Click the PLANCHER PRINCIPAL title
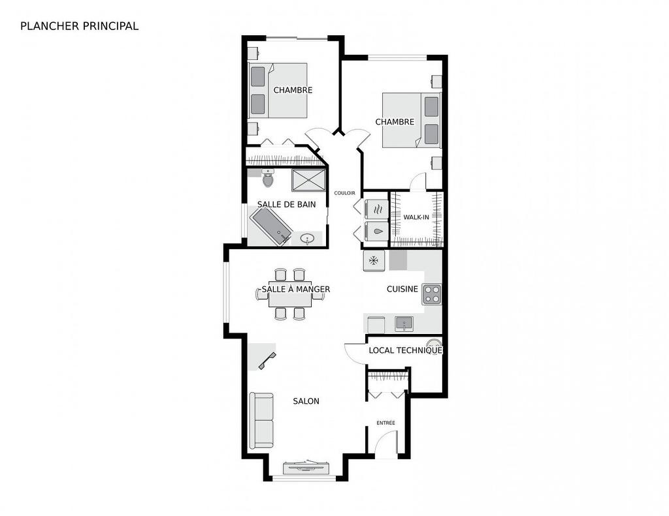tap(79, 26)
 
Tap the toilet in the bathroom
tap(267, 178)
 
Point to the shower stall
tap(308, 180)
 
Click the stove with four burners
tap(431, 294)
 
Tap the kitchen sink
tap(404, 323)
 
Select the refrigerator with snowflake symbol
tap(374, 261)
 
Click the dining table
tap(290, 297)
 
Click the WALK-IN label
tap(416, 217)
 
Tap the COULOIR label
tap(344, 193)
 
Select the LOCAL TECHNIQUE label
tap(405, 350)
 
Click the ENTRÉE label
tap(385, 423)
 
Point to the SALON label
tap(306, 401)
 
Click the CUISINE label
tap(402, 289)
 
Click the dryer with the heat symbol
tap(376, 209)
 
